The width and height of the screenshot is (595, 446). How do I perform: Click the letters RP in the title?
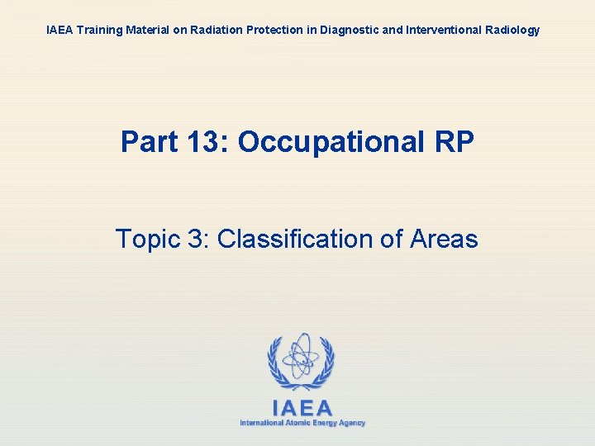454,142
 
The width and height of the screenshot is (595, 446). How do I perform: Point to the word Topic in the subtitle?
147,240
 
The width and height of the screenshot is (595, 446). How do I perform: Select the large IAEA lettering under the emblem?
302,407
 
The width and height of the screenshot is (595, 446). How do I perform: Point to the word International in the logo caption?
259,423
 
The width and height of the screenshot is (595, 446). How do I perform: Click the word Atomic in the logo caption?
295,423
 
